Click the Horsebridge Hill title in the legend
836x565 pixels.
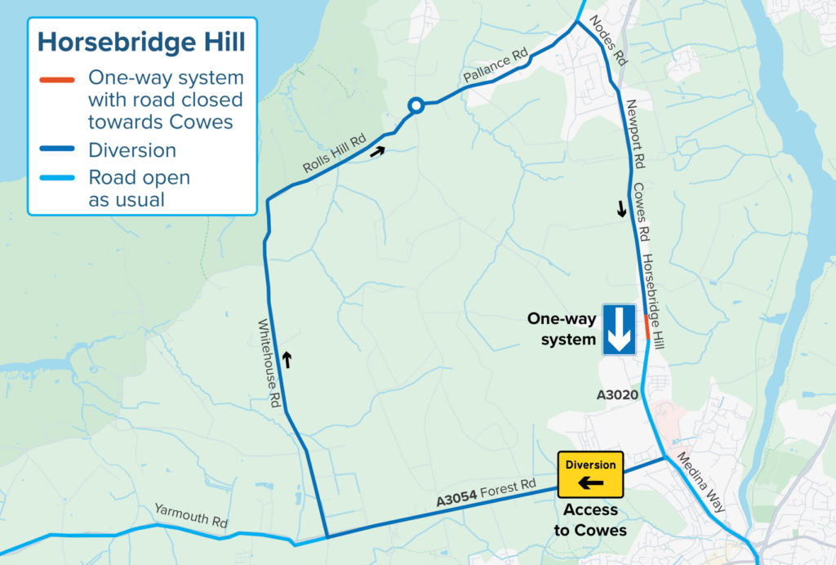pos(141,42)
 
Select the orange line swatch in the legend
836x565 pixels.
pos(58,79)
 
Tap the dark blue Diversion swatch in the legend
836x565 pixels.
pos(58,150)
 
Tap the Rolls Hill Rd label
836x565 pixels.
pos(334,152)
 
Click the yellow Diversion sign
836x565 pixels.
pos(590,474)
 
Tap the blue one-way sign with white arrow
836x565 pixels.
pos(619,329)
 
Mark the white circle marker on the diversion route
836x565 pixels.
pos(416,105)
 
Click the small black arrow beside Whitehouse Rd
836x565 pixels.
pos(287,358)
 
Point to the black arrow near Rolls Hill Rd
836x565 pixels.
pos(376,150)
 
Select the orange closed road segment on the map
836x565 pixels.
pos(647,327)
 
